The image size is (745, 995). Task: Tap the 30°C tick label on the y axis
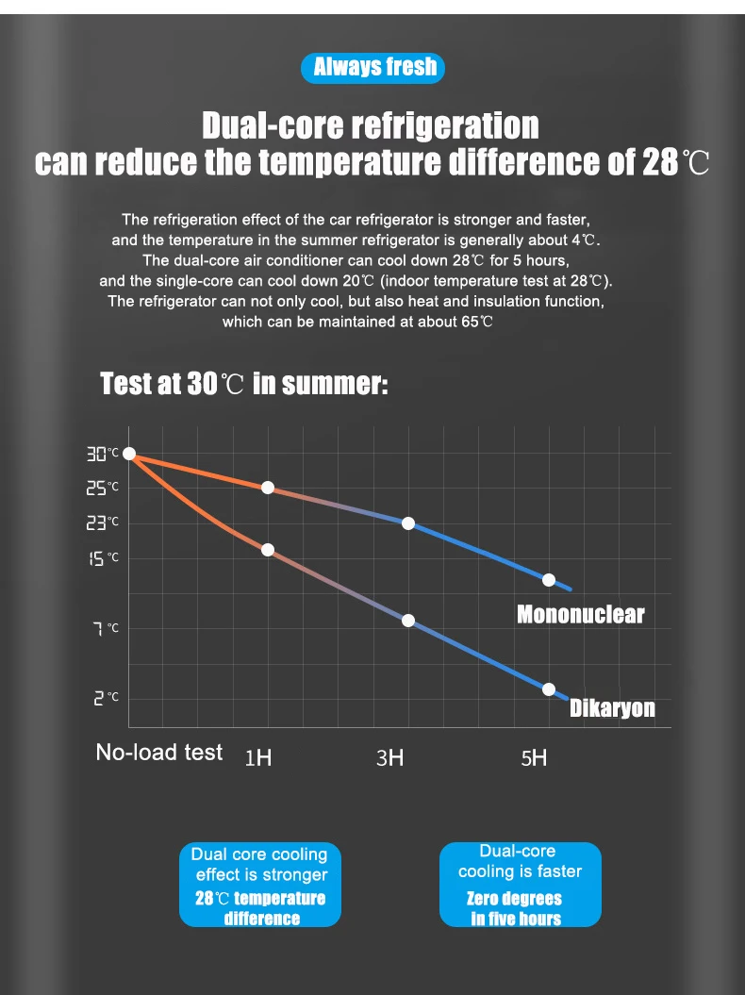[x=103, y=455]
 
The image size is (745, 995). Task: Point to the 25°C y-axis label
[x=103, y=488]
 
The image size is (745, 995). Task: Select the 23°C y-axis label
[x=103, y=522]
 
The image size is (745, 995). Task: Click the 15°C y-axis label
[x=103, y=558]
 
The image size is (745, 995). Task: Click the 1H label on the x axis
[x=257, y=758]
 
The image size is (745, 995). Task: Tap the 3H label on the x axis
[x=389, y=757]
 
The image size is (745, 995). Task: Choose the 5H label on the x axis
[x=534, y=757]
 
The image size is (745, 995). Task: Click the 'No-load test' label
[x=159, y=753]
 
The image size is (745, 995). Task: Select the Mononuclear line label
[x=580, y=615]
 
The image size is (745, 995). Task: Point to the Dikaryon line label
[x=612, y=708]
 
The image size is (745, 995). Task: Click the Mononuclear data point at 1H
[x=268, y=488]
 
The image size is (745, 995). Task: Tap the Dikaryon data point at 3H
[x=408, y=621]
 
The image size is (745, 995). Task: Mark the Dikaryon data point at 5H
[x=549, y=689]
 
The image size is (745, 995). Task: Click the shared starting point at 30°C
[x=130, y=455]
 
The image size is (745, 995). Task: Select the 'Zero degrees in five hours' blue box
[x=520, y=885]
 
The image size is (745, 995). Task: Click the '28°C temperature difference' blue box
[x=259, y=885]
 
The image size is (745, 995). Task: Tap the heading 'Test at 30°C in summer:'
[x=243, y=385]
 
